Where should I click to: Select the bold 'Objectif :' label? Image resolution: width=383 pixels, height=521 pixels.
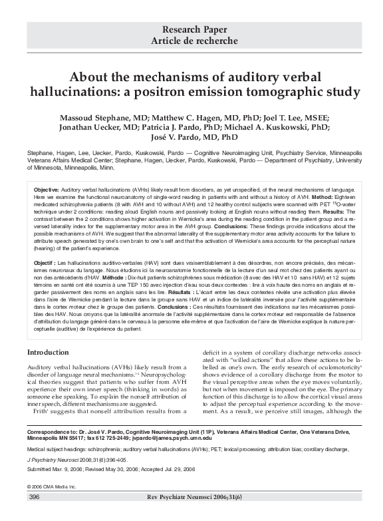[48, 264]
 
